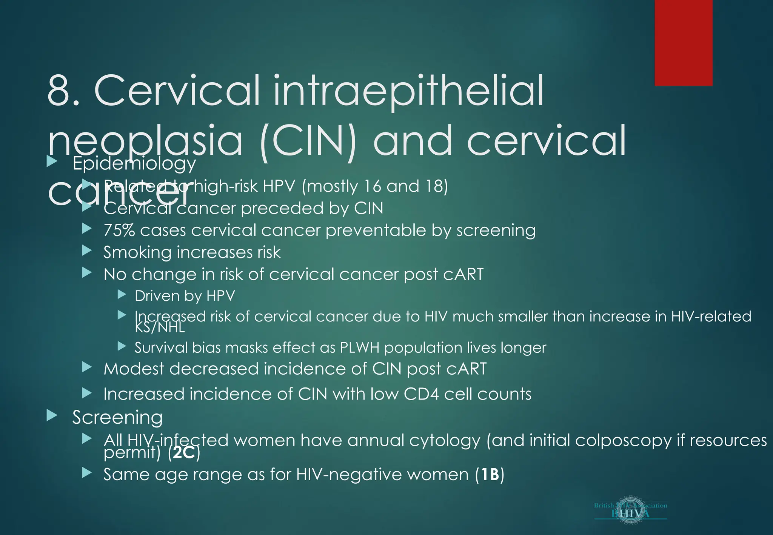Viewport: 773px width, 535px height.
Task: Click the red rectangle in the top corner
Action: [683, 43]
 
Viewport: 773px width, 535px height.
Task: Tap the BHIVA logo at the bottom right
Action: [630, 510]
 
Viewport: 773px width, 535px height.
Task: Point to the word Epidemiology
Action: [134, 163]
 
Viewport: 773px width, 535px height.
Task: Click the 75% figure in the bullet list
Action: [119, 230]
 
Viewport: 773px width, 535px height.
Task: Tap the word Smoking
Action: [137, 252]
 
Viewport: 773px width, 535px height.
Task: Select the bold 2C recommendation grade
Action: [184, 452]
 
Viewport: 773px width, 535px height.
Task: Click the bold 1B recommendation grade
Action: [490, 474]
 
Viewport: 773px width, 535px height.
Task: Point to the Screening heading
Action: [117, 417]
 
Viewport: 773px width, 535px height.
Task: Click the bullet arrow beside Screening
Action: [52, 416]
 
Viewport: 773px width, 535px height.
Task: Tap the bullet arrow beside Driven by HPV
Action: [122, 294]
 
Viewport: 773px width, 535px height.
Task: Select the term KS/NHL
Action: [160, 327]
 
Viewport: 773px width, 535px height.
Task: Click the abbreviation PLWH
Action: [359, 347]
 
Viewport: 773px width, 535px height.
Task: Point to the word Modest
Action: [134, 369]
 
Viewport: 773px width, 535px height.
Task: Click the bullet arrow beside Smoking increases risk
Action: [87, 250]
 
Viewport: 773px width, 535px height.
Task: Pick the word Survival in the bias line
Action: [161, 347]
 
